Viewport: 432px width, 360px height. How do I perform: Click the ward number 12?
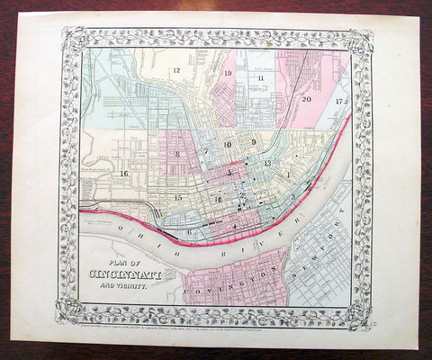pyautogui.click(x=177, y=69)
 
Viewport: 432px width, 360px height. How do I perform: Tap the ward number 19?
pyautogui.click(x=229, y=76)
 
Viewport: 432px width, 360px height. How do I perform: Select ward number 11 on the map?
pyautogui.click(x=261, y=79)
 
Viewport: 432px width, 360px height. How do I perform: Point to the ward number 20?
pyautogui.click(x=307, y=98)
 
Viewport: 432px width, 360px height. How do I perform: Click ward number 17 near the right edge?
pyautogui.click(x=340, y=101)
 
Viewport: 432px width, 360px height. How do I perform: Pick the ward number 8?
pyautogui.click(x=178, y=156)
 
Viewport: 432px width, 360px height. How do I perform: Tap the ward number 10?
pyautogui.click(x=228, y=144)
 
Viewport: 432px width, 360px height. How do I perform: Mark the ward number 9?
pyautogui.click(x=255, y=142)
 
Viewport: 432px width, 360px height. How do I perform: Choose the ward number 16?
pyautogui.click(x=125, y=173)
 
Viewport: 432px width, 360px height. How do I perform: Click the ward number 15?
pyautogui.click(x=179, y=196)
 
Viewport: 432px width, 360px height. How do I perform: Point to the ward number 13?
pyautogui.click(x=267, y=163)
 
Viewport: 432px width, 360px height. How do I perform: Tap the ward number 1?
pyautogui.click(x=287, y=173)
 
